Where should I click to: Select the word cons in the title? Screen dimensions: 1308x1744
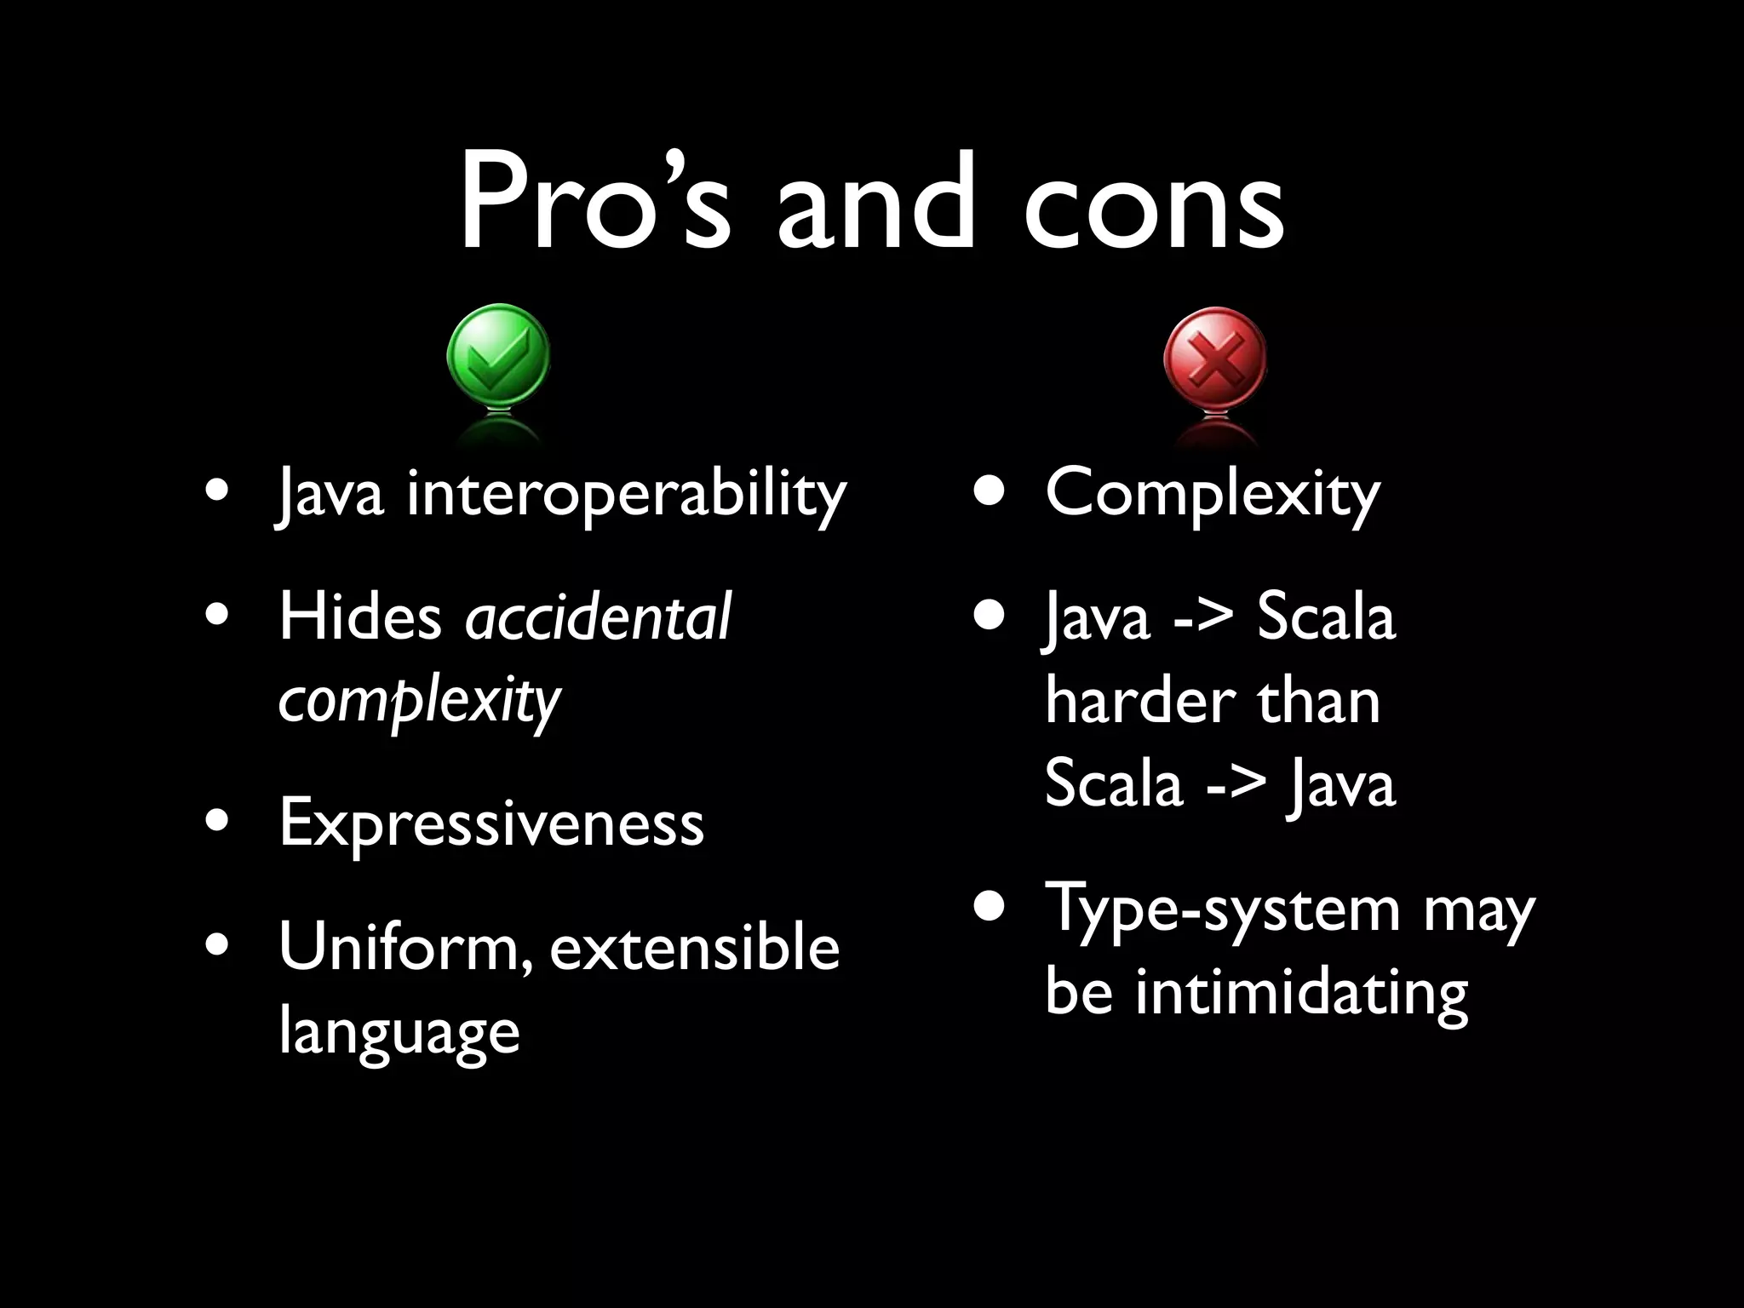coord(1154,204)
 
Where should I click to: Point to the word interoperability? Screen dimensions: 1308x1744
coord(626,495)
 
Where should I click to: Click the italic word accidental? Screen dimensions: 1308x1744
coord(598,617)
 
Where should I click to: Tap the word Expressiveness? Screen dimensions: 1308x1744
coord(491,823)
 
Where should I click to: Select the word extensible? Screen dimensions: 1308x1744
coord(694,948)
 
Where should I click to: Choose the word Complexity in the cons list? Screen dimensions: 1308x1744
coord(1213,495)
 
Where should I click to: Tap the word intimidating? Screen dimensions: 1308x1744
coord(1302,993)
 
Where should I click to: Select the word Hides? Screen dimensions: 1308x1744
coord(360,617)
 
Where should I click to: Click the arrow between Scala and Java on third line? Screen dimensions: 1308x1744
coord(1236,784)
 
